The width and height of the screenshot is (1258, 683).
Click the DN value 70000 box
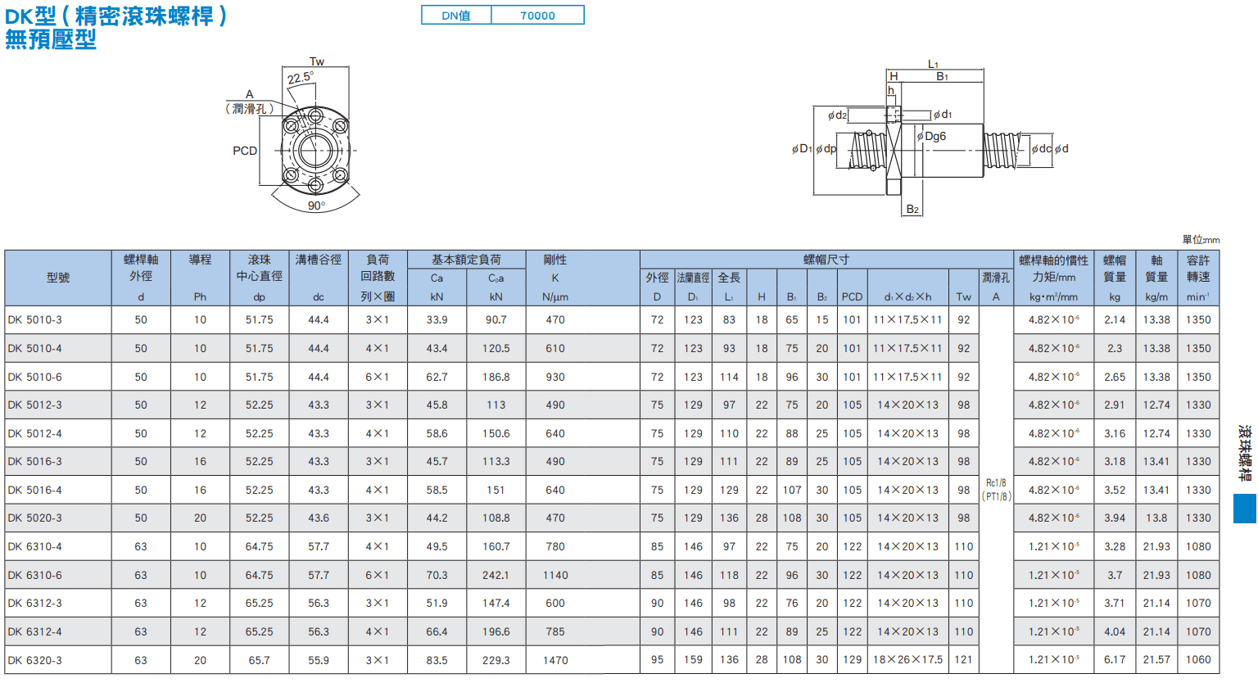coord(537,16)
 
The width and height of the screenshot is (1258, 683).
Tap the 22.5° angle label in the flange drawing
coord(301,78)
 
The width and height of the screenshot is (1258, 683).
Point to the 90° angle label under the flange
coord(316,206)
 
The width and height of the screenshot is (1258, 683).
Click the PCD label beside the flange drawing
coord(245,151)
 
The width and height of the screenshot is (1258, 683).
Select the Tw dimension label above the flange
coord(317,61)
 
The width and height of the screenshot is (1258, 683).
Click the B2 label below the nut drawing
coord(912,210)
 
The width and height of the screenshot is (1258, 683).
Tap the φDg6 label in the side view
coord(932,136)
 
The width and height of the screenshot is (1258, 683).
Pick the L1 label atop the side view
coord(933,64)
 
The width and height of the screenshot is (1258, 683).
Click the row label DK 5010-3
coord(35,319)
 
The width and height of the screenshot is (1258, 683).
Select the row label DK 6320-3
coord(35,660)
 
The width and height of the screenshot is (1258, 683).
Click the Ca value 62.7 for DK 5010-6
coord(437,377)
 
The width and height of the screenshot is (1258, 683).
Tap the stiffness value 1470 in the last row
coord(554,660)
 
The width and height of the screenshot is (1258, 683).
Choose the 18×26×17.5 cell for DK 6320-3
coord(907,659)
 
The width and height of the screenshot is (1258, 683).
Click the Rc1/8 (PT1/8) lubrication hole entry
coord(996,489)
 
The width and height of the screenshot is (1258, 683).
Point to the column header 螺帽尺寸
coord(826,260)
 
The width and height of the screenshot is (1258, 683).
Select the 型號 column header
coord(58,278)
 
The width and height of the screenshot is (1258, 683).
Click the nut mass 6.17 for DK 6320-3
coord(1114,659)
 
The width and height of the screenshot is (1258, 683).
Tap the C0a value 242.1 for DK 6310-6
coord(496,575)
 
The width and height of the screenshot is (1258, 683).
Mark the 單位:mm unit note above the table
coord(1201,240)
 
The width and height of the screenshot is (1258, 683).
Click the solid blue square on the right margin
coord(1245,509)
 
